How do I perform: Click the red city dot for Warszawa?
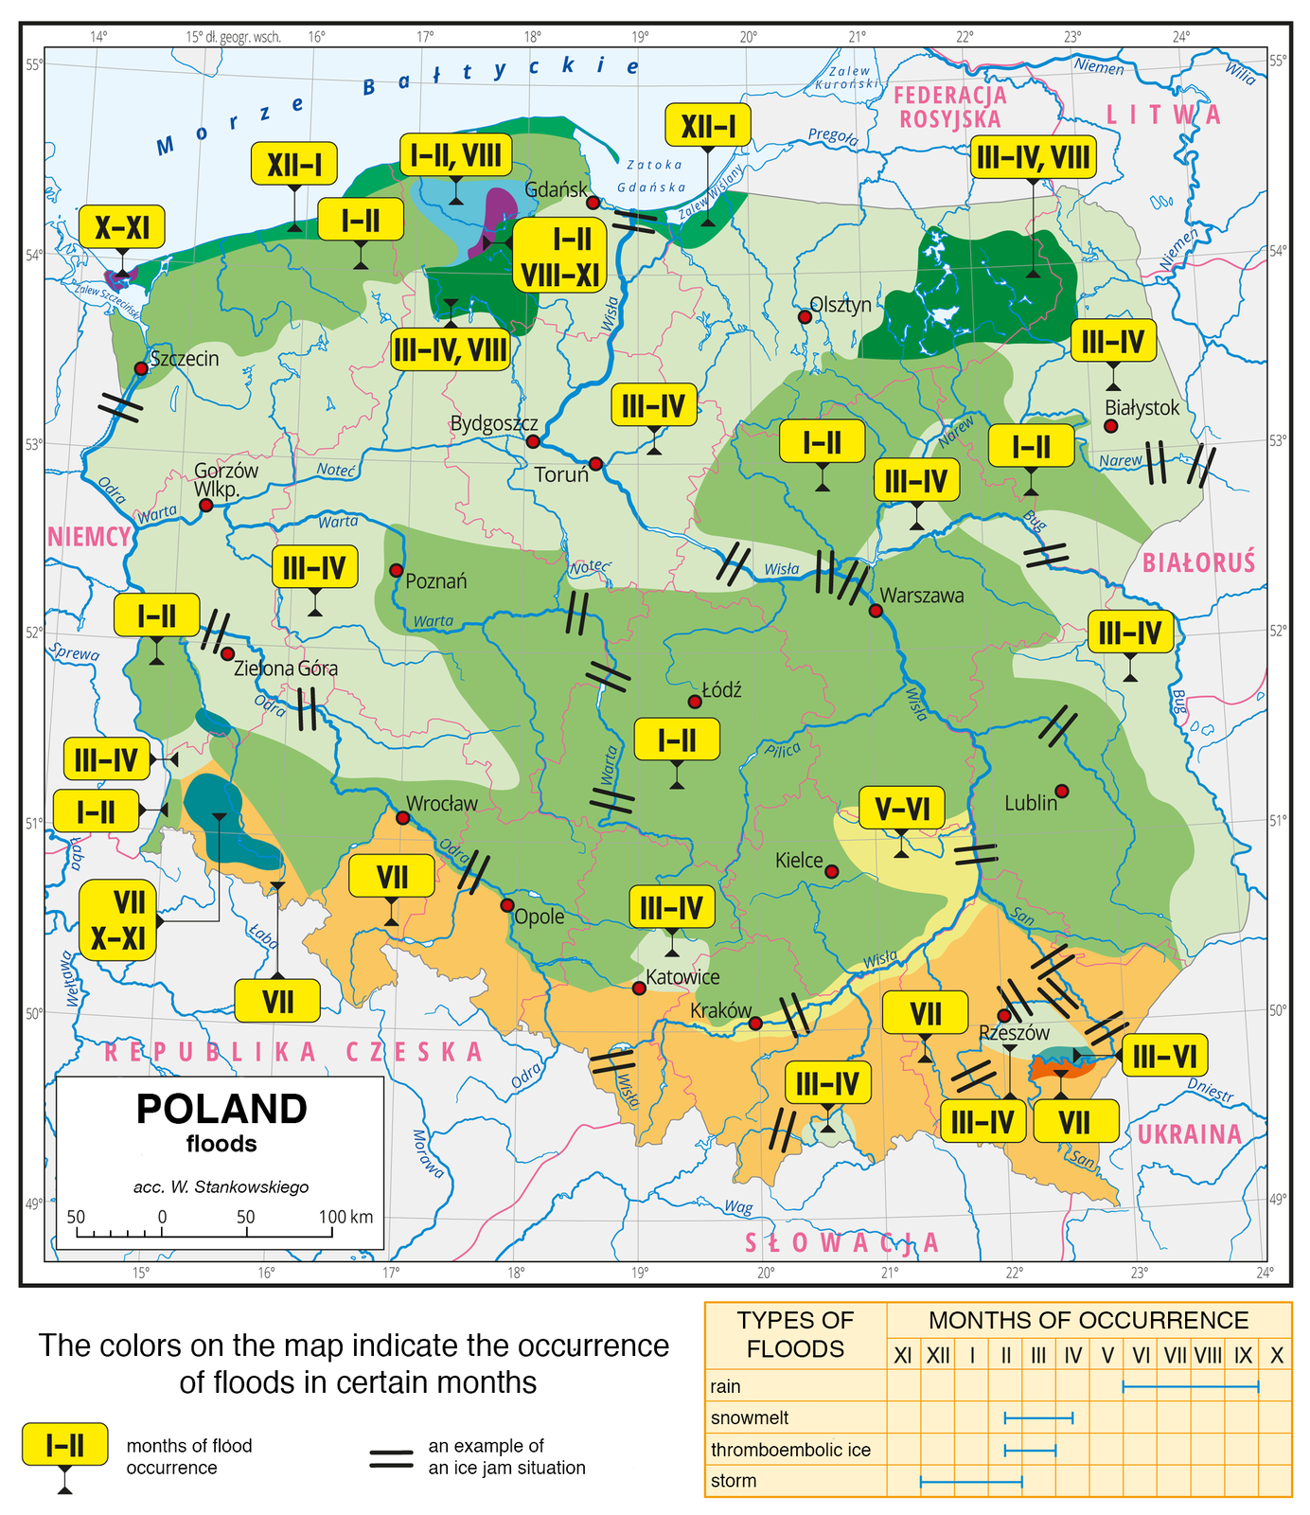click(x=876, y=611)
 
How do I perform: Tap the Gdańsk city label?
click(x=556, y=188)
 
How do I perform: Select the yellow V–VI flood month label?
click(x=901, y=809)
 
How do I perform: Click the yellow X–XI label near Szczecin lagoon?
click(x=121, y=227)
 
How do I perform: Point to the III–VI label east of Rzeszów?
click(x=1164, y=1055)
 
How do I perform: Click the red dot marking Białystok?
click(x=1111, y=426)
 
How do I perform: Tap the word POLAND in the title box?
click(x=221, y=1109)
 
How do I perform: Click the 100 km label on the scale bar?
click(x=345, y=1217)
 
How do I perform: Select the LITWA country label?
click(x=1163, y=116)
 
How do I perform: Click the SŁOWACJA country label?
click(x=842, y=1242)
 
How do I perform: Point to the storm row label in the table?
click(x=734, y=1480)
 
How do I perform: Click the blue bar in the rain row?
click(x=1190, y=1386)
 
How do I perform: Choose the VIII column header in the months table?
click(x=1208, y=1355)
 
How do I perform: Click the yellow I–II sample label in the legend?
click(x=64, y=1445)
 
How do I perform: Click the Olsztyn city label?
click(x=841, y=304)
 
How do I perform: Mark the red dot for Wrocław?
click(x=402, y=818)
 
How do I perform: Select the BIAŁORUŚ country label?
click(x=1198, y=562)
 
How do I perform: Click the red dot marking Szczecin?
click(x=141, y=368)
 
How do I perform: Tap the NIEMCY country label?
click(x=89, y=537)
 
